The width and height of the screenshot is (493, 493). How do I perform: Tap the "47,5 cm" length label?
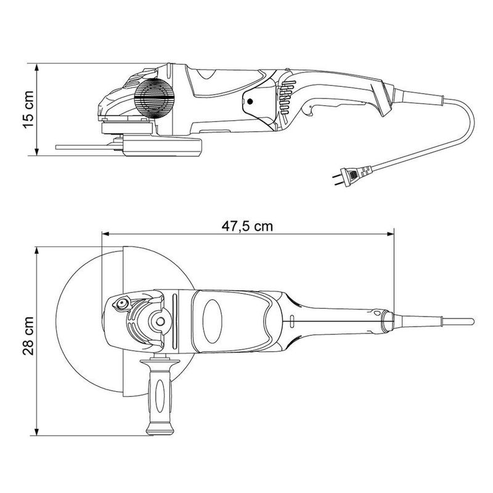[247, 226]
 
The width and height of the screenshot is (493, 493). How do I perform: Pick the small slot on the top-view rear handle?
[289, 321]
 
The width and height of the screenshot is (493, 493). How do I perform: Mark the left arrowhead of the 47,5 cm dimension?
[105, 234]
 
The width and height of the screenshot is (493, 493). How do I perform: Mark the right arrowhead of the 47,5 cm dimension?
[391, 234]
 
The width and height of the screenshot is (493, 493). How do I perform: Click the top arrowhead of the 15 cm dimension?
[38, 65]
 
